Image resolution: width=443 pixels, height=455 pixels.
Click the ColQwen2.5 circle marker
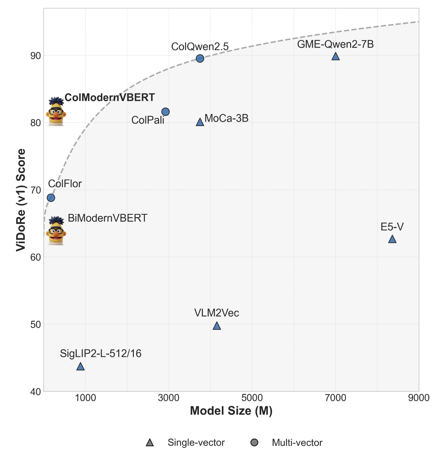200,59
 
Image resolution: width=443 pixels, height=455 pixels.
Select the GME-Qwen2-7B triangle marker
336,57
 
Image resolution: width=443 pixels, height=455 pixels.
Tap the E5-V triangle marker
392,239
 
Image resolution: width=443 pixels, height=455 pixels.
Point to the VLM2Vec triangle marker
217,326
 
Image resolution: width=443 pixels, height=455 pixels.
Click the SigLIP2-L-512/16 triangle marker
81,367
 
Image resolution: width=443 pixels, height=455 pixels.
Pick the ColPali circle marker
165,112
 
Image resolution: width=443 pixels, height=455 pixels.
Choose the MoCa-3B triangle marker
200,122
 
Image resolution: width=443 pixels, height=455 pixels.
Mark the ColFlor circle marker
51,198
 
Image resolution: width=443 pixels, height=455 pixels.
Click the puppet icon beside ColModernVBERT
56,112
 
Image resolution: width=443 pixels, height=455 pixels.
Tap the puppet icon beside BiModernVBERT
56,231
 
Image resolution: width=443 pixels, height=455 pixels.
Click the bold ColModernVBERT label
109,97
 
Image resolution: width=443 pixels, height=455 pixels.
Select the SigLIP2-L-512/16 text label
100,354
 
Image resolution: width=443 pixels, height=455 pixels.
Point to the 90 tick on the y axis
36,56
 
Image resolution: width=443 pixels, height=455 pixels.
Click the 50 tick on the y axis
36,324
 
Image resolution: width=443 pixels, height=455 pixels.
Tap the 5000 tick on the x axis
252,398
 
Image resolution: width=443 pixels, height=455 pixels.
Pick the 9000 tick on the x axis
419,398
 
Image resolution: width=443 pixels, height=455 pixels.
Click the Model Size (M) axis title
231,411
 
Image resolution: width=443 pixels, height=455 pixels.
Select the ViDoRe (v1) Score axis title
21,200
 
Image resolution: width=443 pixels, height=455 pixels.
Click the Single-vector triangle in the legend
150,443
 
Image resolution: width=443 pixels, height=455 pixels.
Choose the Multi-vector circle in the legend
254,443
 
